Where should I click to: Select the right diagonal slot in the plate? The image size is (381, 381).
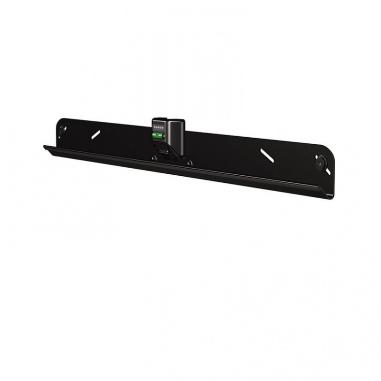[x=267, y=156]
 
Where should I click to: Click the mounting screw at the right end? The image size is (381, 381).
[x=321, y=164]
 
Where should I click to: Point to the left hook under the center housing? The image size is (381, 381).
[x=154, y=158]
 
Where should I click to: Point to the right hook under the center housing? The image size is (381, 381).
[x=189, y=163]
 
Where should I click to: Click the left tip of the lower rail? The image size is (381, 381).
[x=45, y=147]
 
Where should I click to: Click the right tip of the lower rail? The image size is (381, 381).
[x=333, y=196]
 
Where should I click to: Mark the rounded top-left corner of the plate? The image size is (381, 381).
[x=58, y=120]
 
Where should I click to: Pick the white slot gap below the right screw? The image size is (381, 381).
[x=327, y=171]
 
